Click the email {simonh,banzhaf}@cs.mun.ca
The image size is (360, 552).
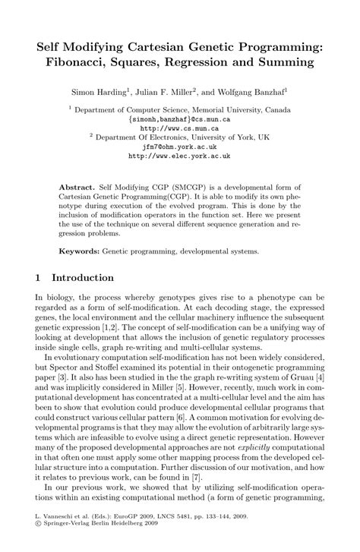click(x=179, y=119)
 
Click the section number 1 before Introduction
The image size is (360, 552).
click(x=39, y=278)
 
